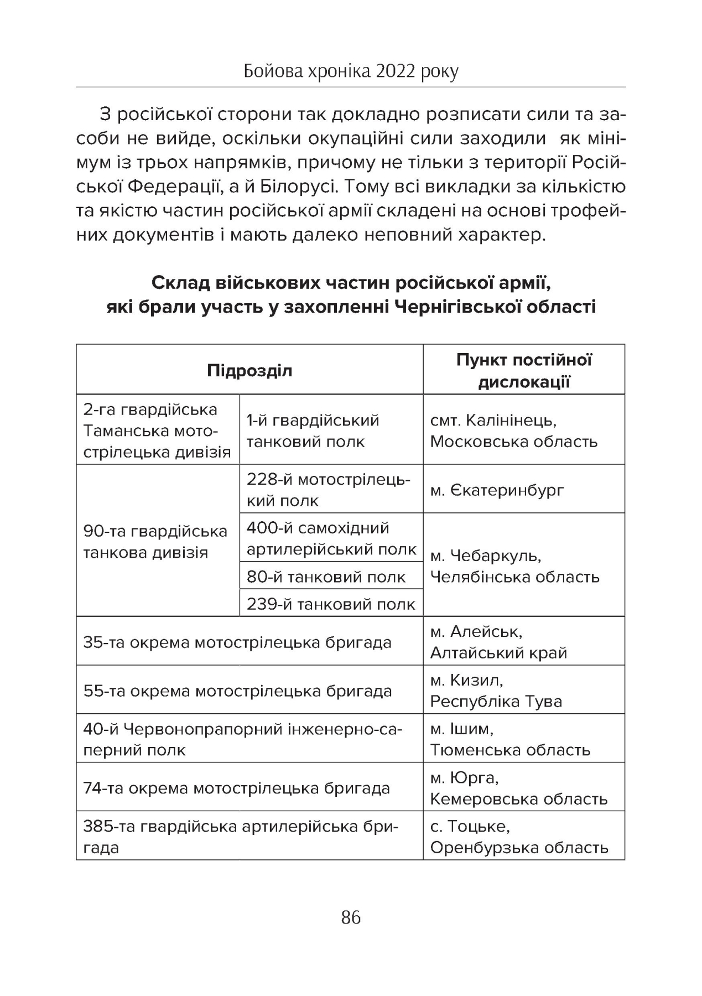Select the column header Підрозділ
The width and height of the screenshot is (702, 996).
pos(249,370)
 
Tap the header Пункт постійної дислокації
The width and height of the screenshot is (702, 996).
pos(524,370)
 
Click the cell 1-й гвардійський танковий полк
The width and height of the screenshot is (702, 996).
pos(313,430)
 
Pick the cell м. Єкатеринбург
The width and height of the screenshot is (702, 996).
pos(497,490)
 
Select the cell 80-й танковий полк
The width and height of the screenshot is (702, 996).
pos(326,577)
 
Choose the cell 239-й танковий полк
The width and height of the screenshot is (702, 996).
pos(331,604)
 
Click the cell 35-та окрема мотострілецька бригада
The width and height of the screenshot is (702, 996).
pos(237,642)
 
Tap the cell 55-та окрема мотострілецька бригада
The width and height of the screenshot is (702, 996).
pos(237,691)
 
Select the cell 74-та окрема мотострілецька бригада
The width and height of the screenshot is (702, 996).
pos(237,788)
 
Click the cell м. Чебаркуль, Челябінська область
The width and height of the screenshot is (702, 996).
pos(514,566)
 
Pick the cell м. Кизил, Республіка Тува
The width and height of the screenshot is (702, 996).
pos(496,691)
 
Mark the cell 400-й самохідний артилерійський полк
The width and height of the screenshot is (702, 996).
pos(331,538)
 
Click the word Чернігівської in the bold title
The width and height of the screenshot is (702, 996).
pos(460,306)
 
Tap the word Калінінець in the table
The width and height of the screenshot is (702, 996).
pos(512,420)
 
